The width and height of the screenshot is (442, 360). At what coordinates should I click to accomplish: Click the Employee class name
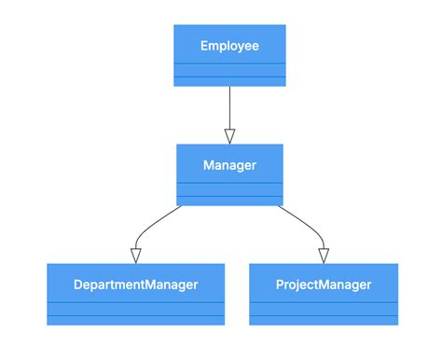tap(229, 45)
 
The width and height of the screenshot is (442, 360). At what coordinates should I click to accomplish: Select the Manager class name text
tap(229, 165)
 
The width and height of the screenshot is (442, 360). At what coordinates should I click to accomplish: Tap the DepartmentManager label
tap(136, 284)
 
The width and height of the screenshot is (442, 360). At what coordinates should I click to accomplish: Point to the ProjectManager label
tap(324, 284)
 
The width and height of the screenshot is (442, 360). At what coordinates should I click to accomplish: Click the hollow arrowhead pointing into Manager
tap(229, 135)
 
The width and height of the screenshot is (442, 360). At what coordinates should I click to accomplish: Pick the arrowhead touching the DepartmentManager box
tap(136, 256)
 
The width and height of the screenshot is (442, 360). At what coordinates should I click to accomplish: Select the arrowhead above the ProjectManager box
tap(324, 256)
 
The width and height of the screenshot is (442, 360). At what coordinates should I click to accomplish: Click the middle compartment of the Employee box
tap(229, 70)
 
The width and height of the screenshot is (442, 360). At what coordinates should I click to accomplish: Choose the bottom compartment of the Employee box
tap(229, 80)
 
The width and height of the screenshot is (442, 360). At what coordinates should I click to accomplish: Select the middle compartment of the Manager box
tap(229, 189)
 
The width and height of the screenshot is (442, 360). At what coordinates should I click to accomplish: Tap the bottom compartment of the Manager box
tap(229, 201)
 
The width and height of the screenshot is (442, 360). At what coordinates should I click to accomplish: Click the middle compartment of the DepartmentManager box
tap(136, 309)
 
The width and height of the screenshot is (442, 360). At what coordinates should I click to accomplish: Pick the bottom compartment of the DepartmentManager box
tap(136, 320)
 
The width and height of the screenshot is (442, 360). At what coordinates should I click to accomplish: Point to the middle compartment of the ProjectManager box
tap(324, 309)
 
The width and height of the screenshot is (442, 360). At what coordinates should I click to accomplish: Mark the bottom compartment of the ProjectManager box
tap(324, 320)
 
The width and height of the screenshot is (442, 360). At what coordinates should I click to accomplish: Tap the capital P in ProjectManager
tap(281, 284)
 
